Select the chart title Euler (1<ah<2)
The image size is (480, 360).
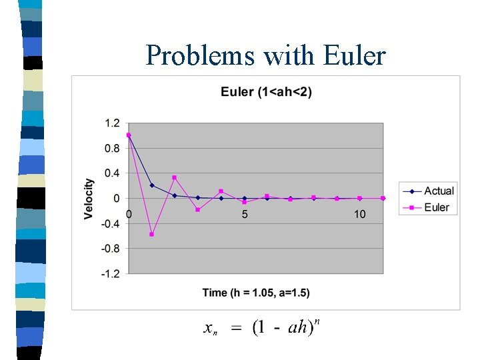[x=266, y=91]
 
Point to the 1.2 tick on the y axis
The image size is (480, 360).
[x=112, y=123]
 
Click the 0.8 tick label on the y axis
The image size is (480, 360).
[x=112, y=148]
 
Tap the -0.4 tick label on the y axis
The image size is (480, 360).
[x=111, y=223]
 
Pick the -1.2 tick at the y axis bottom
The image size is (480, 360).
[x=111, y=273]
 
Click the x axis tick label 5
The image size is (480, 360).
[x=245, y=215]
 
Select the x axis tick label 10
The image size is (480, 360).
[x=360, y=215]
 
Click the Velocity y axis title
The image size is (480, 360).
[x=89, y=199]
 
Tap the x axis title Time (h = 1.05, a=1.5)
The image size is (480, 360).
[x=256, y=293]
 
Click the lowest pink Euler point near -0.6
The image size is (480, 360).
[x=152, y=234]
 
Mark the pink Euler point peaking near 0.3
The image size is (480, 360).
[x=175, y=177]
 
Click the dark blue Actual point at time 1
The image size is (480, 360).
[x=152, y=185]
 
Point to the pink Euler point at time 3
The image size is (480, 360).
[x=198, y=209]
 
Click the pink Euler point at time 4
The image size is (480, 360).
[x=221, y=191]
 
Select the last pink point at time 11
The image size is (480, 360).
[x=383, y=198]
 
